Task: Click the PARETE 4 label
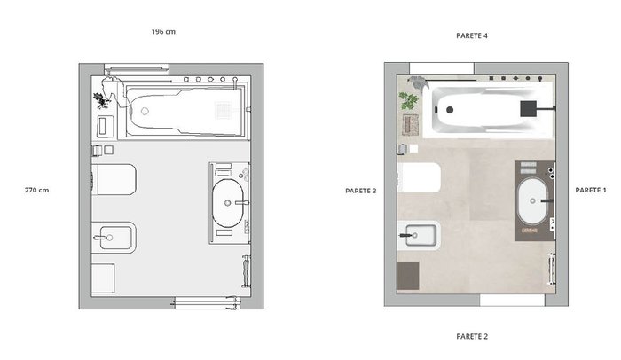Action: point(472,35)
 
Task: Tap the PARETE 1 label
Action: point(591,190)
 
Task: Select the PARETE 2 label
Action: point(472,336)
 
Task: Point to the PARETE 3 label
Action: point(361,191)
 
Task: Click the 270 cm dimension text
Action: point(37,190)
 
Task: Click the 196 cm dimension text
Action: point(163,32)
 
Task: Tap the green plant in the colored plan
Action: point(408,100)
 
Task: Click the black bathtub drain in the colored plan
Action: point(450,110)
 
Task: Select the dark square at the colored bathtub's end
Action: point(529,108)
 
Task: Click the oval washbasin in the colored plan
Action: point(532,200)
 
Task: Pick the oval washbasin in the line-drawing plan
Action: point(228,203)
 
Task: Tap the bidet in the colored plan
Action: point(419,236)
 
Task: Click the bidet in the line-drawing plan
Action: point(114,238)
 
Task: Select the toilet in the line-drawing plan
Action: point(114,180)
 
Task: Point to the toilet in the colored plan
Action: point(419,178)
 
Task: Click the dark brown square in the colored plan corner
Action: point(408,276)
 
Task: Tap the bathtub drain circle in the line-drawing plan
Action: point(145,112)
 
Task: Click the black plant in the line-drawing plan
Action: point(101,100)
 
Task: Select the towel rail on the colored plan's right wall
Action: point(551,268)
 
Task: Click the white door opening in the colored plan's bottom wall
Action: point(513,300)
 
